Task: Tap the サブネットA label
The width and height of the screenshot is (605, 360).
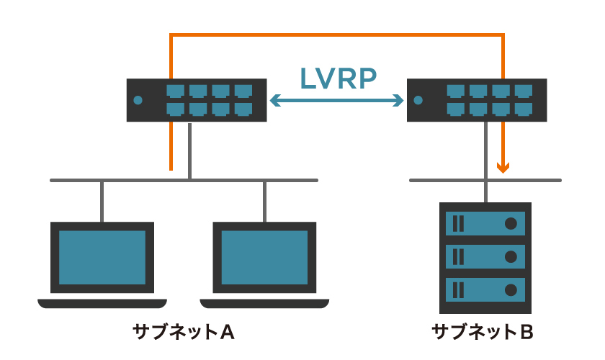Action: [184, 332]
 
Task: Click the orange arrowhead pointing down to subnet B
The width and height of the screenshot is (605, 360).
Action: [503, 168]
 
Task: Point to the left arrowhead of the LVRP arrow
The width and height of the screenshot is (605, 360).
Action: [273, 102]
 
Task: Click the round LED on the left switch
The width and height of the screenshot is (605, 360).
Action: [138, 101]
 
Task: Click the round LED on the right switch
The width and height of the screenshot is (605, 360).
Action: [418, 101]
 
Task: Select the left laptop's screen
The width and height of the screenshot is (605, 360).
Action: [102, 256]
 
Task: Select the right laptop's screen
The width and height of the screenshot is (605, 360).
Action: [264, 256]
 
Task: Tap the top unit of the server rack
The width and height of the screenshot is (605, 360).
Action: [485, 223]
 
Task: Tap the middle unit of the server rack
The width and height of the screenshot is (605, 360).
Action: [485, 256]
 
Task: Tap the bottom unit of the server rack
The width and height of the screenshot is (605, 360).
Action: [485, 289]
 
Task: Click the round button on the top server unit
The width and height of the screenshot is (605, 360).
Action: [511, 223]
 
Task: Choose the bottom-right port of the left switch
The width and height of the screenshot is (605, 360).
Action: [243, 109]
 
